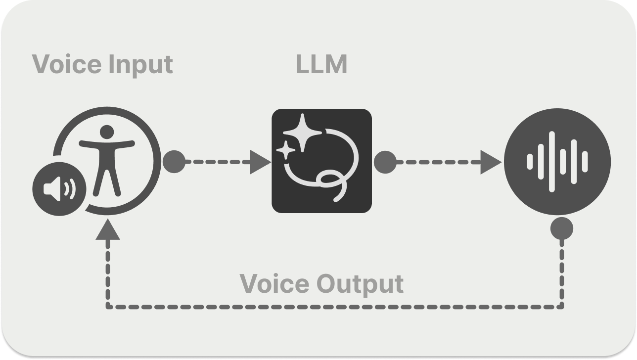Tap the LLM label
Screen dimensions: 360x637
point(321,64)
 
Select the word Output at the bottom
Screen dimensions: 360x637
point(360,284)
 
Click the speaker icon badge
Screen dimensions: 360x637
point(59,189)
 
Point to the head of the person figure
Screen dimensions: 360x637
point(107,133)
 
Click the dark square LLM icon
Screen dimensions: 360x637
point(321,161)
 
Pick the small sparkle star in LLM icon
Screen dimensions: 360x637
point(285,149)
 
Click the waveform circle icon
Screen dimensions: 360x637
point(557,161)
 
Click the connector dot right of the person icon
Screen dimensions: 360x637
point(174,161)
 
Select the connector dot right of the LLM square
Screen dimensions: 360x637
point(385,161)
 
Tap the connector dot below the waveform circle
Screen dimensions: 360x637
point(562,228)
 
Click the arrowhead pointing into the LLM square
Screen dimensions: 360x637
point(259,161)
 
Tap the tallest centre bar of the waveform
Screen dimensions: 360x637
point(552,161)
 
